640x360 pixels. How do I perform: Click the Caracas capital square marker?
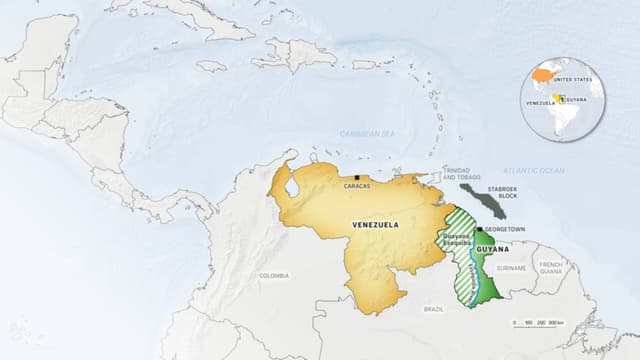coord(357,178)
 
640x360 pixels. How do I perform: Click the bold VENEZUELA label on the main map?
coord(375,225)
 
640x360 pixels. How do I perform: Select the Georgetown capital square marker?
coord(478,228)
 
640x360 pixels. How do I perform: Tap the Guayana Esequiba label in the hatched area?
coord(456,240)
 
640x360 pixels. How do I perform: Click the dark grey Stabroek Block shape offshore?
coord(484,200)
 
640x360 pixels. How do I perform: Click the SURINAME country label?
coord(511,268)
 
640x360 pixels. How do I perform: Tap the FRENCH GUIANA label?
coord(551,267)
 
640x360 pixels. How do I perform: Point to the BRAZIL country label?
coord(433,309)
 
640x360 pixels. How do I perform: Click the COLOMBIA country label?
coord(273,275)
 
